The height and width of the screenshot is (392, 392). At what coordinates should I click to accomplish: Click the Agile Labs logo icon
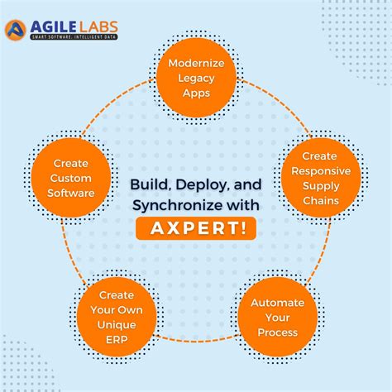(16, 30)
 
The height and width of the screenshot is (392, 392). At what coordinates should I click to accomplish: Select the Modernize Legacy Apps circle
(195, 78)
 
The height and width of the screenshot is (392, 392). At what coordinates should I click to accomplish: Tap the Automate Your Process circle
(277, 317)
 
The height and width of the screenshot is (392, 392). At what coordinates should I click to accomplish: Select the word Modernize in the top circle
(195, 63)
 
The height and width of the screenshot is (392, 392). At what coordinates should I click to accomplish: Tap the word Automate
(277, 302)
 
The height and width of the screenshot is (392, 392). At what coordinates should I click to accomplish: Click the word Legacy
(195, 78)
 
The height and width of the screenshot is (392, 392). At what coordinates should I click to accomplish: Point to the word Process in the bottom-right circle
(277, 332)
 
